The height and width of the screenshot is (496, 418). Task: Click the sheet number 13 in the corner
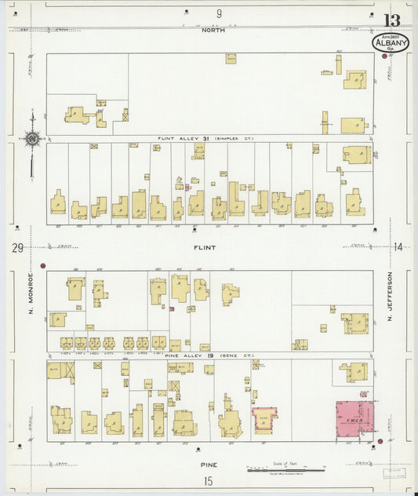coord(391,20)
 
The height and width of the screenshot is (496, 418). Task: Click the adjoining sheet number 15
coord(209,480)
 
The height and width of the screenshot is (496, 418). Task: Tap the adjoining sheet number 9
coord(220,13)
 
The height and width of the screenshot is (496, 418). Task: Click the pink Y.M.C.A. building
coord(355,418)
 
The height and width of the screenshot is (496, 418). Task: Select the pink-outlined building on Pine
coord(264,420)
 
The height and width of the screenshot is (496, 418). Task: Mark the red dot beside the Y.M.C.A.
coord(380,442)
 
